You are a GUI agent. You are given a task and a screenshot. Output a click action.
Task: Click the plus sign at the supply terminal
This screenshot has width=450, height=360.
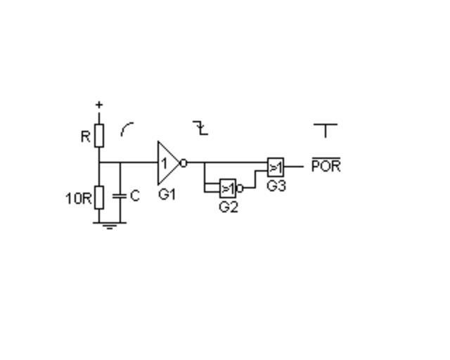pos(99,105)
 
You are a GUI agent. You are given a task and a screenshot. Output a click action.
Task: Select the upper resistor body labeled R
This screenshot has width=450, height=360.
pos(99,136)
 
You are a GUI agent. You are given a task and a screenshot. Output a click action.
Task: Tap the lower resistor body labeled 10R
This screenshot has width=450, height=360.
pos(99,197)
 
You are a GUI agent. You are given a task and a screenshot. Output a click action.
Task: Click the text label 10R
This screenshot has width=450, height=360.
pos(78,198)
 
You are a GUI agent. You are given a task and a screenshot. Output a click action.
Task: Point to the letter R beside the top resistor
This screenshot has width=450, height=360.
pos(86,136)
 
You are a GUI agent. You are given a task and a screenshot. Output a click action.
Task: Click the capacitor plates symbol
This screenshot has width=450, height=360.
pos(120,196)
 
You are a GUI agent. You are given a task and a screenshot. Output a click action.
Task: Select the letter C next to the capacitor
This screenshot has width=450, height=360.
pos(135,195)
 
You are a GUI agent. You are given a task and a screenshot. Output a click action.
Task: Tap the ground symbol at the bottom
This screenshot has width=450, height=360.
pos(110,226)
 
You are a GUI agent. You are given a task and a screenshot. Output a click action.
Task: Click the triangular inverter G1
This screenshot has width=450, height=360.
pos(168,163)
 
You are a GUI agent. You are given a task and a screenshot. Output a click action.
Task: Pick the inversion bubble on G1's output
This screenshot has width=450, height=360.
pos(184,163)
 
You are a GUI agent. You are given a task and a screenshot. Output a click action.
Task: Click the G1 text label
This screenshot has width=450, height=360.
pos(167,195)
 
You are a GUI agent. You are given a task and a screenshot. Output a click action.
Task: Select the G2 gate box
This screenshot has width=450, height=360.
pos(228,188)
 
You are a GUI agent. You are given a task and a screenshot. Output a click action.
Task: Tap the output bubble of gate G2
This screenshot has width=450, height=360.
pos(240,188)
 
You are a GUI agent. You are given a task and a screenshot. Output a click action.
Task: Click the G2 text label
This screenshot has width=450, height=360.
pos(229,207)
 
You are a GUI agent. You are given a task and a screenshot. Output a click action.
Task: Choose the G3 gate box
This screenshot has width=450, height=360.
pos(276,167)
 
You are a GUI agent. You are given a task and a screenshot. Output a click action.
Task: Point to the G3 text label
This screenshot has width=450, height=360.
pos(276,186)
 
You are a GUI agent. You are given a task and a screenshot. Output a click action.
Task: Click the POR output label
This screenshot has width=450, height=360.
pos(326,165)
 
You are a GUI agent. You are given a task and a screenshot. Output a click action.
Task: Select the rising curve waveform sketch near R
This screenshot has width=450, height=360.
pos(127,129)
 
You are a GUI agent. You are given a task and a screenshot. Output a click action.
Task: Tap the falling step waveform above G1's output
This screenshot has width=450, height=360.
pos(200,128)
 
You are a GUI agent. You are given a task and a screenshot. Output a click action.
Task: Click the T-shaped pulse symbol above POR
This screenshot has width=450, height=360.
pos(326,131)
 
